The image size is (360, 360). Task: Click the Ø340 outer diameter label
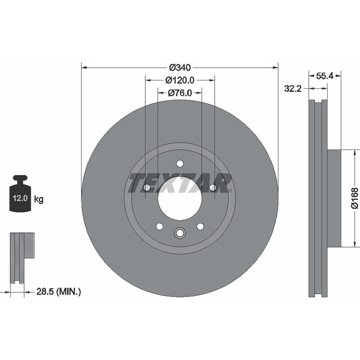click(179, 67)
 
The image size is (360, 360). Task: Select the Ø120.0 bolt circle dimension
click(179, 80)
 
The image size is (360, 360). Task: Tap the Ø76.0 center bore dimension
click(179, 92)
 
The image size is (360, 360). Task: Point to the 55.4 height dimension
click(324, 76)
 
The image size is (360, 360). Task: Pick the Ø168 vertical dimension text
click(354, 198)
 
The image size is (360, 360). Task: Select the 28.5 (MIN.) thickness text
click(58, 292)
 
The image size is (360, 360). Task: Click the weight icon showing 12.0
click(20, 196)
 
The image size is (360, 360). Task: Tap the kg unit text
click(39, 199)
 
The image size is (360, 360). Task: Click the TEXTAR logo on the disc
click(180, 182)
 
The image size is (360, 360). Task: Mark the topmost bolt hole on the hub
click(179, 163)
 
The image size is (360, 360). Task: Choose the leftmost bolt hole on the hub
click(146, 188)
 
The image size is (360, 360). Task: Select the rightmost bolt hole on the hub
click(212, 188)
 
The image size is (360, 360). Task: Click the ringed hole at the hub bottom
click(179, 234)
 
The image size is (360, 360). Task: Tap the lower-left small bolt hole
click(160, 226)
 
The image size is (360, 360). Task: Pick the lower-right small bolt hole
click(200, 226)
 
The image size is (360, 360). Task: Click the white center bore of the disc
click(179, 198)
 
